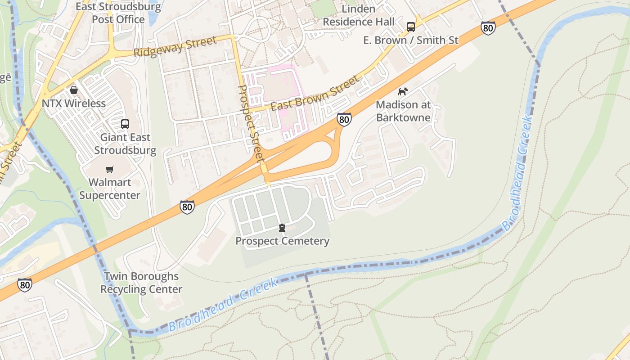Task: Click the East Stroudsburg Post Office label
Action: pyautogui.click(x=118, y=13)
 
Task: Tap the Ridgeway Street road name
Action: pyautogui.click(x=175, y=47)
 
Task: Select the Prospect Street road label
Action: pyautogui.click(x=250, y=124)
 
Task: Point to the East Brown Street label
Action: pyautogui.click(x=315, y=94)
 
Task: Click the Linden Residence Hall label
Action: pyautogui.click(x=359, y=15)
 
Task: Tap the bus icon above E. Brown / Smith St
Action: pyautogui.click(x=411, y=27)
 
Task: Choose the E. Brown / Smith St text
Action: pyautogui.click(x=411, y=40)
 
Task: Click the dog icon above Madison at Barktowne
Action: pyautogui.click(x=403, y=91)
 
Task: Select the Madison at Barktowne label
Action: pyautogui.click(x=403, y=111)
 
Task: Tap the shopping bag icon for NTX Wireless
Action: pyautogui.click(x=74, y=90)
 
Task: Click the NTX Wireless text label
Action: pyautogui.click(x=74, y=103)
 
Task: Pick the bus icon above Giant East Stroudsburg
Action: pyautogui.click(x=125, y=124)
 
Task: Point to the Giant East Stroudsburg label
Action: pyautogui.click(x=125, y=144)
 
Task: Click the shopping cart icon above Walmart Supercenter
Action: pyautogui.click(x=109, y=169)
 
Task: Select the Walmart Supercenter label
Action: pyautogui.click(x=110, y=189)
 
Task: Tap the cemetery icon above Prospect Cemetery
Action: pyautogui.click(x=282, y=228)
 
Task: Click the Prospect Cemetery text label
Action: pyautogui.click(x=283, y=241)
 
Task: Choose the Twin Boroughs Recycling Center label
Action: pyautogui.click(x=141, y=283)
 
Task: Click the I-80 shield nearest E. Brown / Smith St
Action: pyautogui.click(x=488, y=28)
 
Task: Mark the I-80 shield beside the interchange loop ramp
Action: pyautogui.click(x=344, y=119)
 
